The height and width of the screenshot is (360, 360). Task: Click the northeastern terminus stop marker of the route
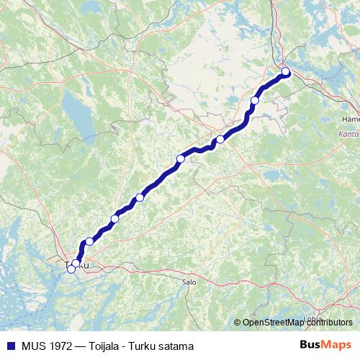coord(285,71)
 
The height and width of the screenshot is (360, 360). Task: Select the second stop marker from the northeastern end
coord(255,101)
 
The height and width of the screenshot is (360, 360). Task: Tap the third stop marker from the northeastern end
coord(220,140)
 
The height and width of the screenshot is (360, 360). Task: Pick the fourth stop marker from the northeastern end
coord(181,159)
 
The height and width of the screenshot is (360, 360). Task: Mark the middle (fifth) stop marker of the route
coord(140,197)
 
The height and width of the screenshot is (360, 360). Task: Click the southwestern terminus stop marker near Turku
coord(71,269)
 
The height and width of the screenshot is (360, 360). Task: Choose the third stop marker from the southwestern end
coord(89,242)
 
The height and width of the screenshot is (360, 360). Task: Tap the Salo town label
coord(189,283)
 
